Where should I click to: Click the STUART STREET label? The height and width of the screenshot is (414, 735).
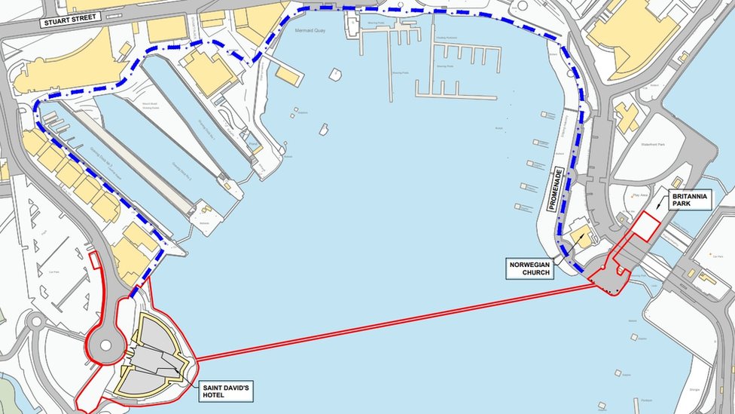(71, 20)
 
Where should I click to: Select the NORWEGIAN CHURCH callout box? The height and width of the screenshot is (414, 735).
(529, 268)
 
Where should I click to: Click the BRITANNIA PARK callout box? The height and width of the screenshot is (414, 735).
(689, 200)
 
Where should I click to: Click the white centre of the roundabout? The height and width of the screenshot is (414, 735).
(106, 345)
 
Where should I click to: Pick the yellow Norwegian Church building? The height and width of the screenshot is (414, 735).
(581, 235)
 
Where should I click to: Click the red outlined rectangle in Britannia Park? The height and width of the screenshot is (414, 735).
(645, 226)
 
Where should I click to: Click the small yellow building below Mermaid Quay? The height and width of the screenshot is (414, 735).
(288, 75)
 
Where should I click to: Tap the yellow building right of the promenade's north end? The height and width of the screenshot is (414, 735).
(626, 116)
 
